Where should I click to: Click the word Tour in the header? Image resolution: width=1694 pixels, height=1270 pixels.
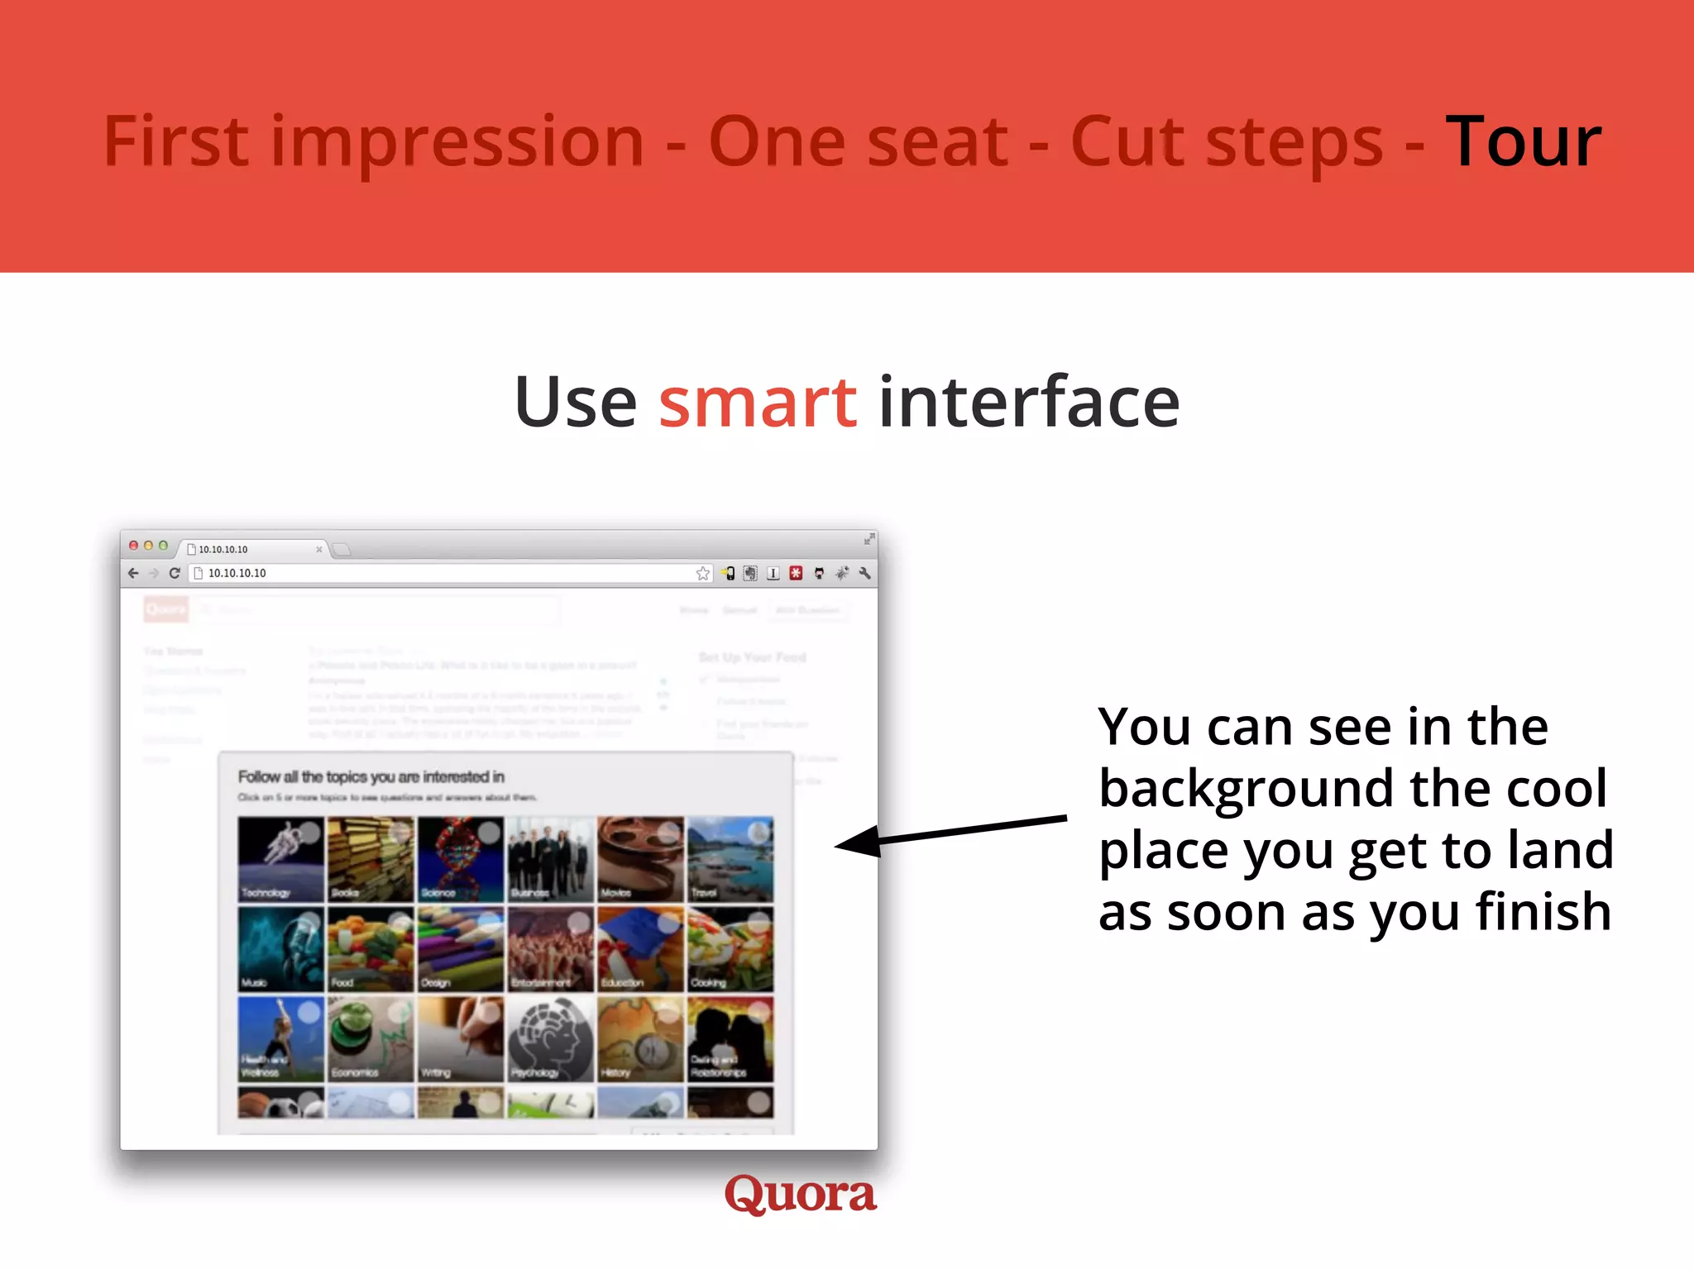tap(1523, 142)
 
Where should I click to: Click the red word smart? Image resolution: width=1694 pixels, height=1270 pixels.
tap(757, 402)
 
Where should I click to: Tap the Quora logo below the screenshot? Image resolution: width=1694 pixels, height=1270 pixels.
tap(800, 1194)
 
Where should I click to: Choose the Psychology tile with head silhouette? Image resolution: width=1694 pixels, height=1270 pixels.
tap(550, 1038)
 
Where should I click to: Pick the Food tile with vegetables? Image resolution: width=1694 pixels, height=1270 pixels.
tap(371, 948)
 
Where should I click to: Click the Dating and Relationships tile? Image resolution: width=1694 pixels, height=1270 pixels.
tap(730, 1038)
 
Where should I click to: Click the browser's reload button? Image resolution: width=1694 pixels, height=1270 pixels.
tap(175, 573)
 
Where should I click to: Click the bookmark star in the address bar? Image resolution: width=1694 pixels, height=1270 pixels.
tap(702, 573)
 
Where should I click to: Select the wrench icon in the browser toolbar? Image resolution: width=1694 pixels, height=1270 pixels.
tap(864, 573)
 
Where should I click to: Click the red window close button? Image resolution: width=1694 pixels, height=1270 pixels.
tap(133, 546)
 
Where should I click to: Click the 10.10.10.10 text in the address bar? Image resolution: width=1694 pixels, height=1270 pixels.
tap(237, 573)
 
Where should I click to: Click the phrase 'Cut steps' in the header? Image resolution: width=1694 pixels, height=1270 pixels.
tap(1226, 142)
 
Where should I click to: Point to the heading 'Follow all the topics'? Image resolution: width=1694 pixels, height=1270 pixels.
tap(371, 776)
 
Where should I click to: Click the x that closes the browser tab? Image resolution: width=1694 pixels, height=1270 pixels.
tap(318, 549)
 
